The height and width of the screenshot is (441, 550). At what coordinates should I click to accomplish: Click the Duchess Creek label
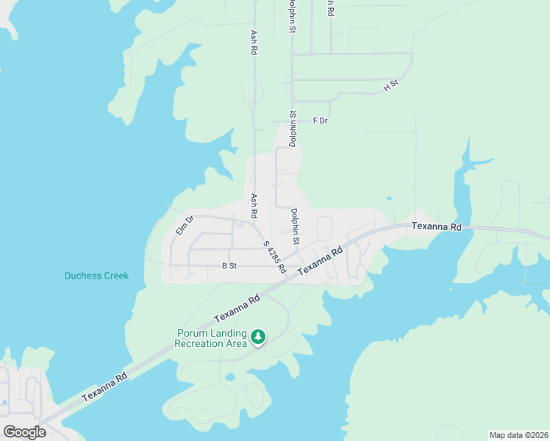click(x=96, y=276)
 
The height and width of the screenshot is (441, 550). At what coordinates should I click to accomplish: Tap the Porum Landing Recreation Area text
click(x=210, y=338)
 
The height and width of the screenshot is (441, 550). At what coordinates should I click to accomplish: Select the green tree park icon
click(x=258, y=337)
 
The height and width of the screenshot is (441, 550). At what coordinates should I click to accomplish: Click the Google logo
click(x=24, y=431)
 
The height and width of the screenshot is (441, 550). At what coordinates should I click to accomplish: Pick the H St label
click(x=390, y=85)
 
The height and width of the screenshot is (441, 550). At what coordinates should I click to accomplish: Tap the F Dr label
click(x=320, y=121)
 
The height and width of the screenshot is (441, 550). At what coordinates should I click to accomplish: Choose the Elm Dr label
click(x=184, y=225)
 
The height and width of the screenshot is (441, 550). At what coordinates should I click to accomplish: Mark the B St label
click(x=229, y=267)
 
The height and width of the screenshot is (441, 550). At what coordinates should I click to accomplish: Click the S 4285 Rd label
click(x=274, y=257)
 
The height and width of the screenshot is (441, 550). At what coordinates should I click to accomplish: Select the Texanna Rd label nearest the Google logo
click(x=104, y=386)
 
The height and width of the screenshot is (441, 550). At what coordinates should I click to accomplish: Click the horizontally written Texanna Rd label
click(x=436, y=227)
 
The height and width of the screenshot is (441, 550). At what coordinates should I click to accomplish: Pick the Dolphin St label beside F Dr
click(x=292, y=129)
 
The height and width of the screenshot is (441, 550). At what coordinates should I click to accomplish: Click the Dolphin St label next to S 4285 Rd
click(x=295, y=226)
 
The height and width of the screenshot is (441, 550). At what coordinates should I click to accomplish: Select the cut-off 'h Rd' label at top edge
click(x=331, y=8)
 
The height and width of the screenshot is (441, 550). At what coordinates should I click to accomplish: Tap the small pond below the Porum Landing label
click(x=230, y=377)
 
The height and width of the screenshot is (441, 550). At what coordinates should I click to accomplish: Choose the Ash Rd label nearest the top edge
click(x=254, y=43)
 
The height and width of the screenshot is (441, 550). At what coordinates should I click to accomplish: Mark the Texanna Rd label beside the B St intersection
click(x=321, y=262)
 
